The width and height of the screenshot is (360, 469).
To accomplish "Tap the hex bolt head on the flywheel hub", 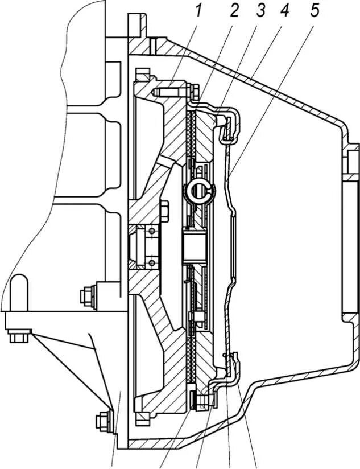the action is [x=164, y=211].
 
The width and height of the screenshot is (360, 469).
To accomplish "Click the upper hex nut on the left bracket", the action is [x=89, y=295].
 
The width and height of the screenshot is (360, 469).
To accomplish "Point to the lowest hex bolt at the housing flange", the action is [x=102, y=422].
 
